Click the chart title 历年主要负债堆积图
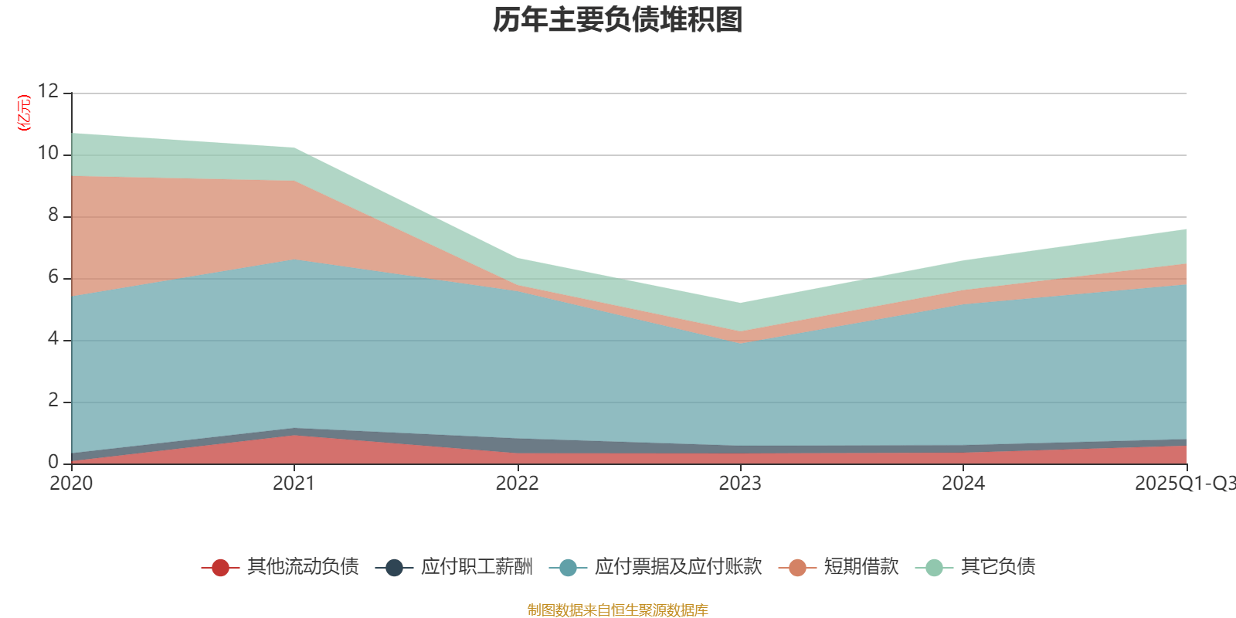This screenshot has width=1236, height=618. (618, 20)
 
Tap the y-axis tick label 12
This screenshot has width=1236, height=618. (48, 92)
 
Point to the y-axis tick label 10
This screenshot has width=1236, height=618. (48, 154)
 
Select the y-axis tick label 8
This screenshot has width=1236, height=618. (53, 216)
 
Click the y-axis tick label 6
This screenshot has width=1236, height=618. (53, 277)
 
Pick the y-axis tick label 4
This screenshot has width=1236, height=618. (53, 339)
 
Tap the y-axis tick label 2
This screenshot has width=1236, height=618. (53, 401)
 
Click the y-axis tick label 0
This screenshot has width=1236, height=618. (53, 463)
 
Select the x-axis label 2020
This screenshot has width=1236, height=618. (71, 484)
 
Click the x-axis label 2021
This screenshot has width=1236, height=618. (294, 484)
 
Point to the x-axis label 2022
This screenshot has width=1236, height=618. (517, 484)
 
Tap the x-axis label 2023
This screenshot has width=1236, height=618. (740, 484)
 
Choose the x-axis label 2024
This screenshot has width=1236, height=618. (963, 484)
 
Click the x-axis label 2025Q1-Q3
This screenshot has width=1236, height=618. (1184, 484)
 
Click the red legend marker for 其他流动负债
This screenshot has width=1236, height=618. (220, 568)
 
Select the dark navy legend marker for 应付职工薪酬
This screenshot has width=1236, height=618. (394, 568)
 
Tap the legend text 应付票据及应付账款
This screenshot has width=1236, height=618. (677, 567)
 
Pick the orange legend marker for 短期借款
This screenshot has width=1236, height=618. (797, 568)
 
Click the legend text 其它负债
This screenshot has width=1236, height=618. (997, 567)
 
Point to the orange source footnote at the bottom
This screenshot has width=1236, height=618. (617, 610)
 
